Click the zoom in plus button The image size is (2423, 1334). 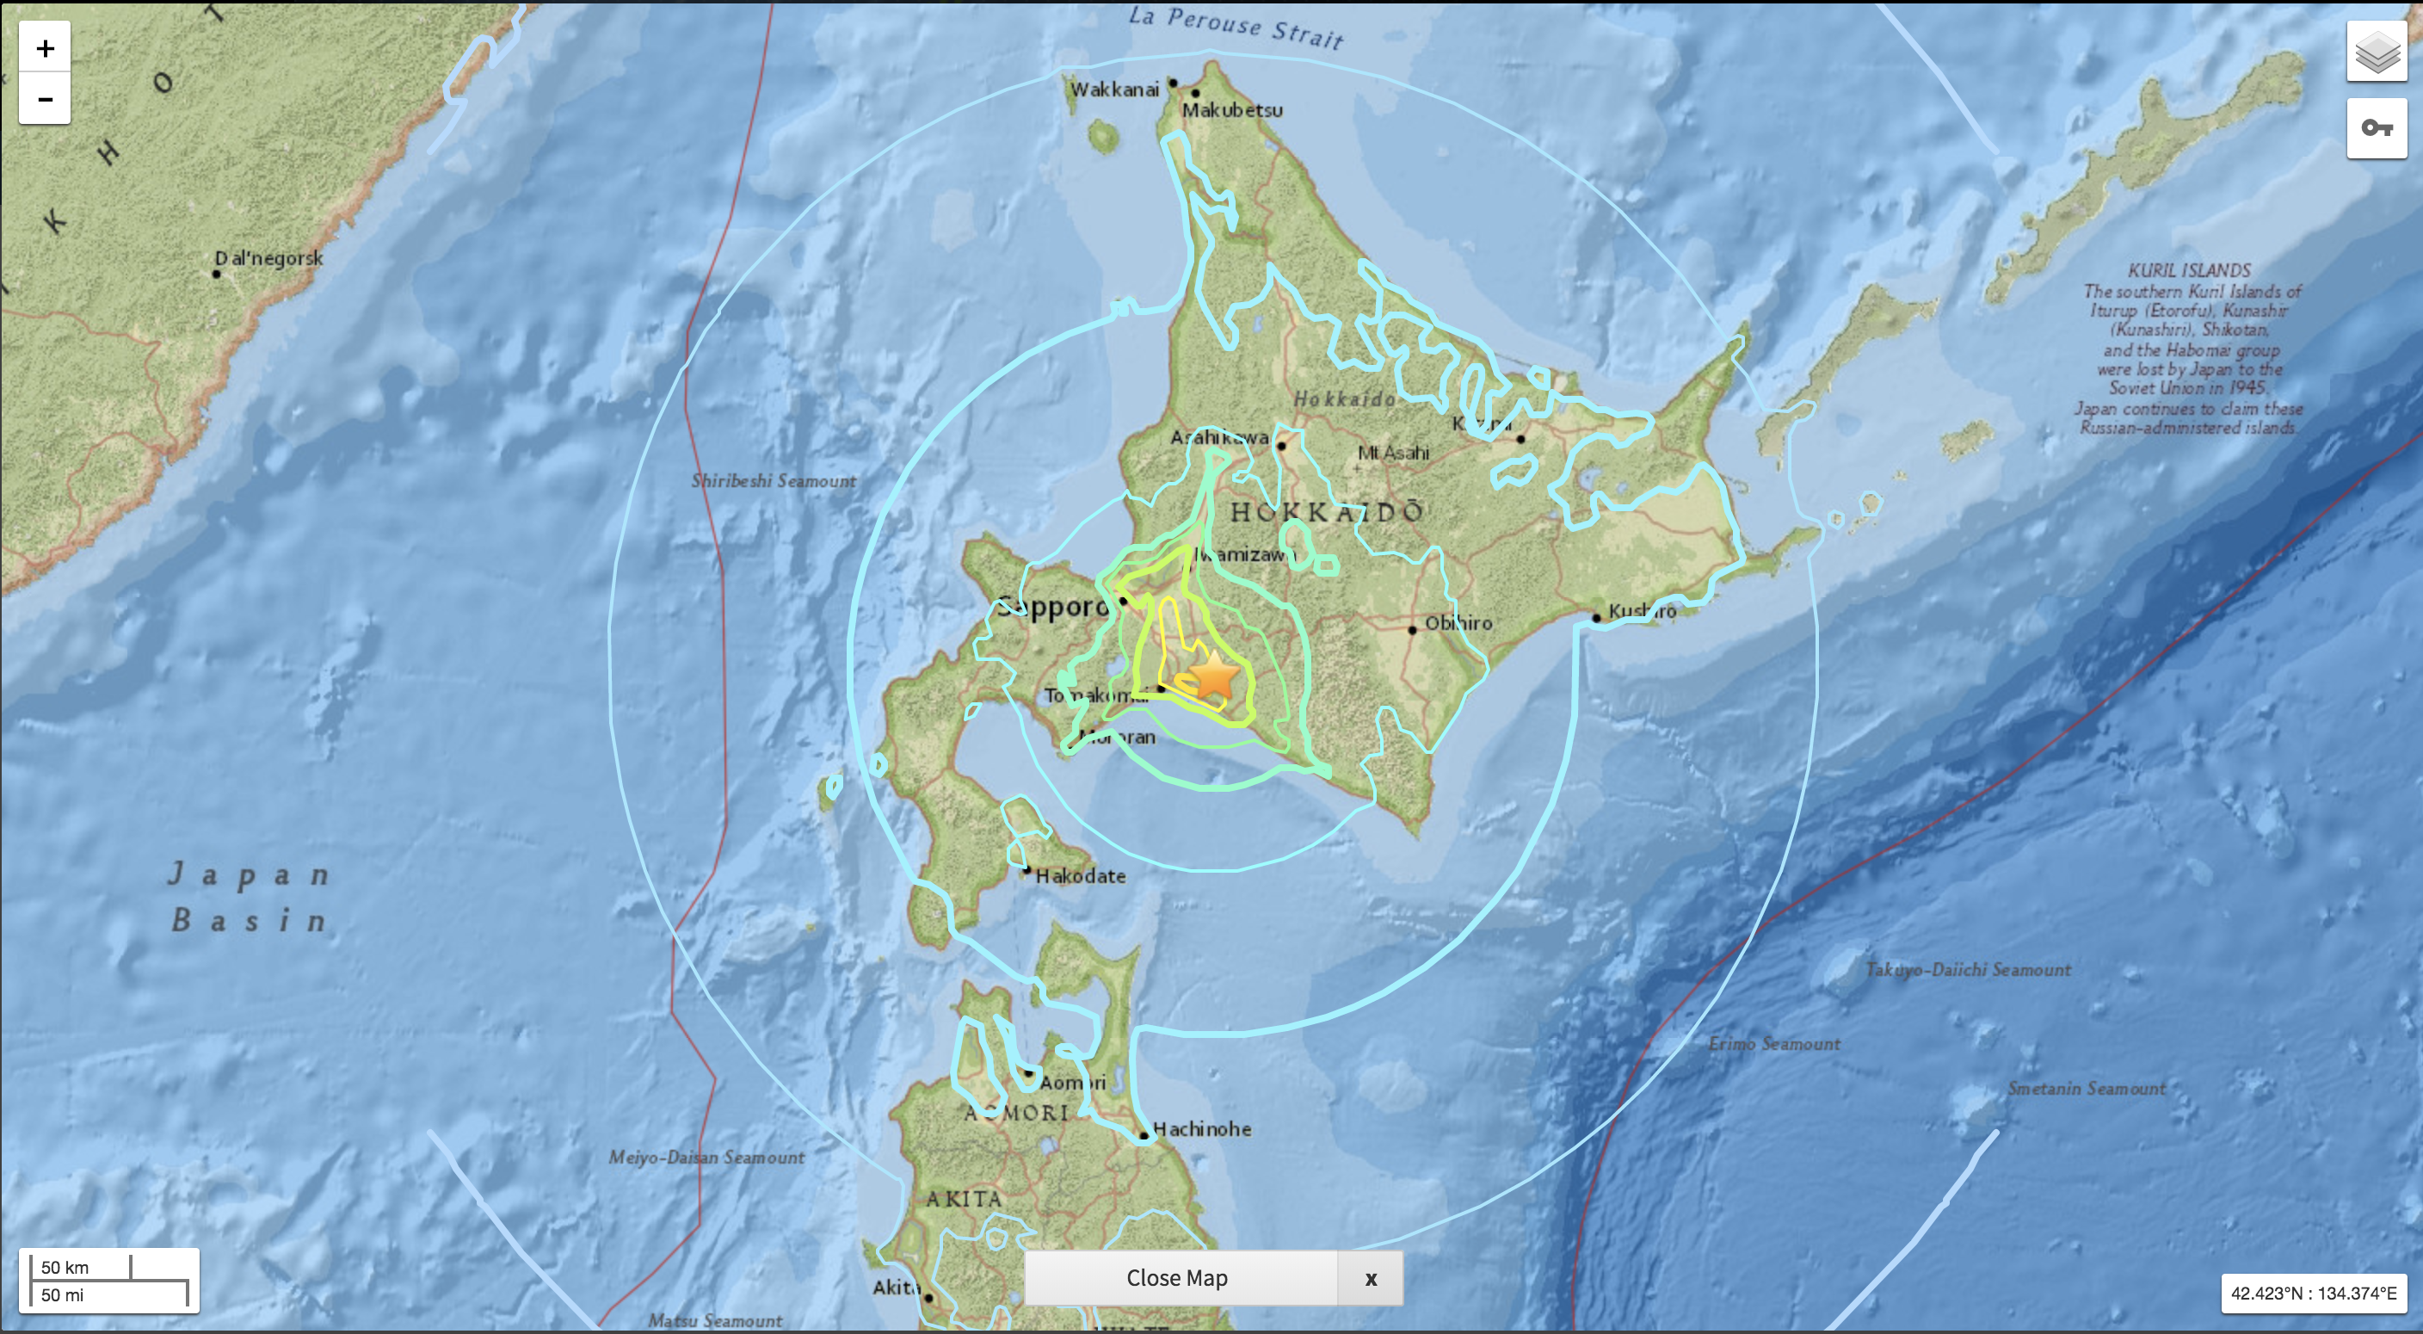click(x=44, y=48)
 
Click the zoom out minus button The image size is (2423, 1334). click(x=44, y=99)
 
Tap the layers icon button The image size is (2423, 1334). click(x=2376, y=52)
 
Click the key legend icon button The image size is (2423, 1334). click(x=2376, y=128)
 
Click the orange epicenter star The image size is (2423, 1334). click(x=1214, y=676)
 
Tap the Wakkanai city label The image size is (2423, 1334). click(x=1114, y=90)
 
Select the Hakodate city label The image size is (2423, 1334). click(x=1080, y=876)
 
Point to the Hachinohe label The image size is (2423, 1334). click(x=1201, y=1129)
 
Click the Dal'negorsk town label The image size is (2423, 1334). click(x=268, y=258)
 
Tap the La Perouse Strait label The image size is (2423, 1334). click(x=1235, y=27)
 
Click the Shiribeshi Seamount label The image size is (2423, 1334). click(x=774, y=481)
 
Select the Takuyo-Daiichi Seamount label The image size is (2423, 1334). click(x=1968, y=969)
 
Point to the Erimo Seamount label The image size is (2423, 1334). click(x=1774, y=1043)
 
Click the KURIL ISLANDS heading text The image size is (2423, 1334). click(x=2189, y=270)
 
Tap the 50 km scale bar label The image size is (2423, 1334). click(x=65, y=1266)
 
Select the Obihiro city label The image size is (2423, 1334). click(x=1458, y=623)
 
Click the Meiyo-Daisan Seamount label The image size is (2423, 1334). click(x=706, y=1157)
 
